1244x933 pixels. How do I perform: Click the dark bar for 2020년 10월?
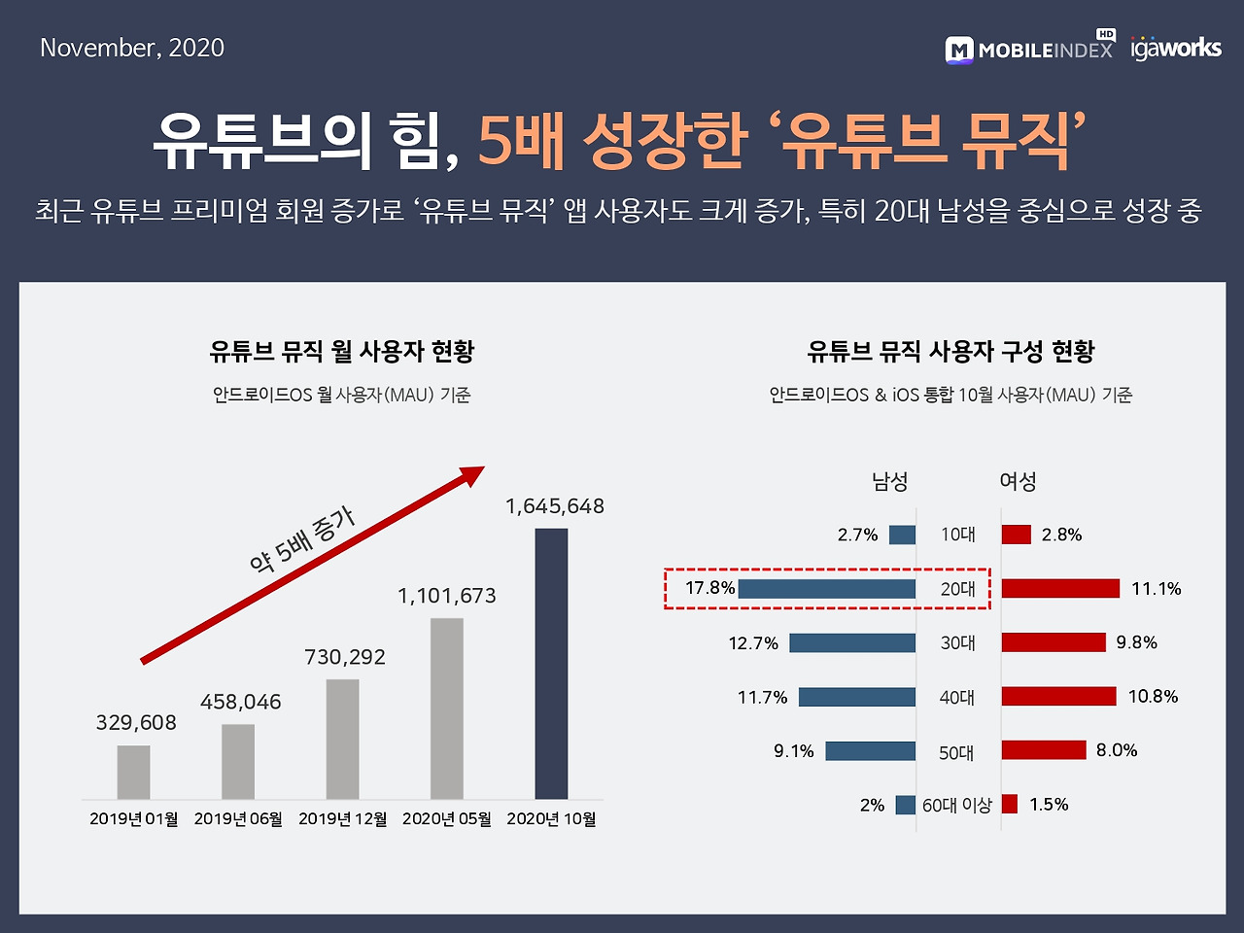[x=551, y=663]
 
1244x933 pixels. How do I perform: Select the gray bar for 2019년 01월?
[x=134, y=772]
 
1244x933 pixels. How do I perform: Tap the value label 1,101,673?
[x=447, y=596]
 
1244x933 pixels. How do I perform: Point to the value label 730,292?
[x=345, y=657]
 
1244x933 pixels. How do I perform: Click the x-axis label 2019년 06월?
[x=238, y=819]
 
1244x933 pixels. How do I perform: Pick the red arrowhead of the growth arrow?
[x=472, y=476]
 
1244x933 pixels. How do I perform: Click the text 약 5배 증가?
[x=302, y=540]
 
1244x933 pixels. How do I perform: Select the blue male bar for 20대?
[x=827, y=589]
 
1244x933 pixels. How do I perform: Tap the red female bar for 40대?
[x=1058, y=697]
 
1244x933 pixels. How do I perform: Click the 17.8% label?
[x=709, y=588]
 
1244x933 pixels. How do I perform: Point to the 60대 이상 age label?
[x=957, y=806]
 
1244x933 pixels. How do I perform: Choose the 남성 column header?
[x=889, y=481]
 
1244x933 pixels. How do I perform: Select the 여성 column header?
[x=1018, y=481]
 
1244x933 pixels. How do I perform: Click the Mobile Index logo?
[x=1029, y=49]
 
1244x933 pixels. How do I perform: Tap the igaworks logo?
[x=1176, y=48]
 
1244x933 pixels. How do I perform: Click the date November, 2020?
[x=132, y=48]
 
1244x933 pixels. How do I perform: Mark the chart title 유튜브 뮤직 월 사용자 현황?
[x=342, y=351]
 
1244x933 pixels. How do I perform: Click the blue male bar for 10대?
[x=902, y=535]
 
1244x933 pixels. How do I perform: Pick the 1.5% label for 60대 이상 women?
[x=1049, y=805]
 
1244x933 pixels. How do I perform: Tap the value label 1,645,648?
[x=555, y=506]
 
